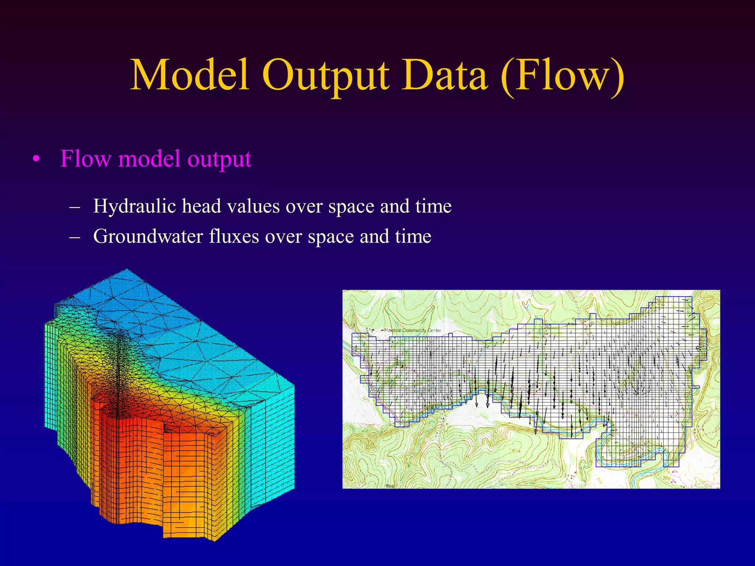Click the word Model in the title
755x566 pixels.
pos(190,76)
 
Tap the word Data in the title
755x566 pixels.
pos(445,76)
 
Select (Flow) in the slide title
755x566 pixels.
pos(562,76)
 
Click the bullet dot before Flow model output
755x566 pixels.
pos(35,160)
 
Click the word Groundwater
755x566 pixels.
pos(148,236)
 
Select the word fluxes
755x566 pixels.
pos(234,236)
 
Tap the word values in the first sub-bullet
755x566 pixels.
pos(253,206)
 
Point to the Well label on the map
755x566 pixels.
pos(390,486)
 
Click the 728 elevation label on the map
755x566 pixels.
pos(667,478)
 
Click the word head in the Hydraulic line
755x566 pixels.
pos(201,206)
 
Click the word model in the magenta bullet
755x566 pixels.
pos(151,159)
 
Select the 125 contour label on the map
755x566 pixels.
pos(365,399)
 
